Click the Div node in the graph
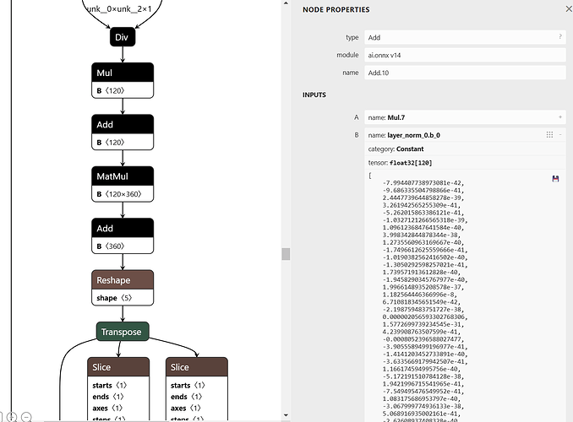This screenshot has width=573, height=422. [123, 37]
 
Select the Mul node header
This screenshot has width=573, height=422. [123, 72]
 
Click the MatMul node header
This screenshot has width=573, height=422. [123, 176]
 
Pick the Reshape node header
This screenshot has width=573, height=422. [123, 280]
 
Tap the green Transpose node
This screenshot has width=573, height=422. [123, 332]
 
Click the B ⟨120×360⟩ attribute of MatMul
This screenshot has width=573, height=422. [123, 194]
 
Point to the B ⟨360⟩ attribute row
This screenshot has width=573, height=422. [123, 246]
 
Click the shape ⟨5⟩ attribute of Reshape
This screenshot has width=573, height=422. [123, 298]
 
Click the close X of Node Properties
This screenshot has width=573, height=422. [567, 9]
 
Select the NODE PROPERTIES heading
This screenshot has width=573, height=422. [336, 10]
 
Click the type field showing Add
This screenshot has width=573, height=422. [463, 37]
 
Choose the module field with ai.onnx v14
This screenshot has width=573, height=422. [463, 55]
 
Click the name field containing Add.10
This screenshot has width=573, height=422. [463, 73]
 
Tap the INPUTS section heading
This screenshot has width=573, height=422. [314, 95]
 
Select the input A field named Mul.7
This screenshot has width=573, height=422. [463, 116]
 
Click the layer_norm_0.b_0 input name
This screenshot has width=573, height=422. [413, 134]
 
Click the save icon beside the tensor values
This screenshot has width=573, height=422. [555, 179]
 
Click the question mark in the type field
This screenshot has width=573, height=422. [559, 37]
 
